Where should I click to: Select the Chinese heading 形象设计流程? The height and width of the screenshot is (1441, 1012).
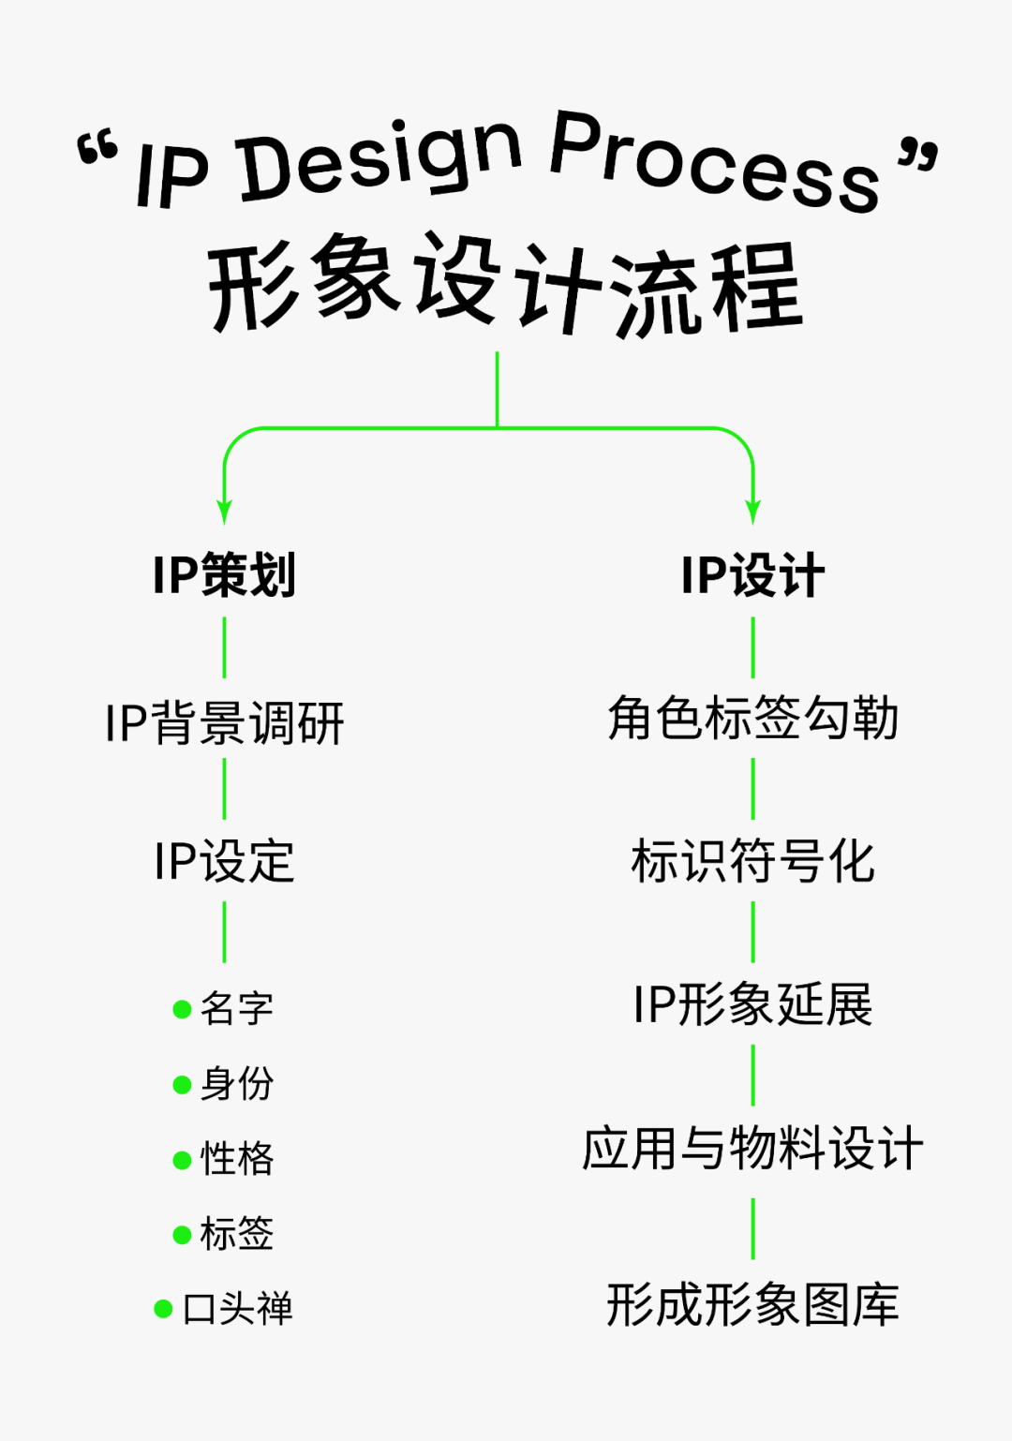[x=506, y=286]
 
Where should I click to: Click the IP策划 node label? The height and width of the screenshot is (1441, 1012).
[x=225, y=574]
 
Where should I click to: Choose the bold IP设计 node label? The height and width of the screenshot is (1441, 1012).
[x=752, y=574]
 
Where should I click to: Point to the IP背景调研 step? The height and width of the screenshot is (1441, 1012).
[x=225, y=722]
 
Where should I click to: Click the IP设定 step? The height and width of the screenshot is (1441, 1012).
[x=225, y=861]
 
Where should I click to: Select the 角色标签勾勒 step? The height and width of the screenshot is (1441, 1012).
[x=752, y=719]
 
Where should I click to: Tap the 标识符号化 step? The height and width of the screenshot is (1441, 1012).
[x=752, y=861]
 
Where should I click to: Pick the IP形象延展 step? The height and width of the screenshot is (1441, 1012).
[x=752, y=1004]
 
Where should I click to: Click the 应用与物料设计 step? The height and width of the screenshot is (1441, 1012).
[x=752, y=1149]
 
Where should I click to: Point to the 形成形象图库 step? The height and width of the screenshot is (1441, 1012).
[x=752, y=1304]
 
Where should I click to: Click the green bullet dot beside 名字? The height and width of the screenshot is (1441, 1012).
[x=183, y=1009]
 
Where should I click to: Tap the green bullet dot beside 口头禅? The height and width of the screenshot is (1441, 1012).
[x=163, y=1309]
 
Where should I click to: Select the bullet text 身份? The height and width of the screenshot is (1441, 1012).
[x=237, y=1084]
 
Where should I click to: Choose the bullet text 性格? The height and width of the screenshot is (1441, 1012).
[x=237, y=1159]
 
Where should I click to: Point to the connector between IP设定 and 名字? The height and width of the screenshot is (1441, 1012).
[x=224, y=932]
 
